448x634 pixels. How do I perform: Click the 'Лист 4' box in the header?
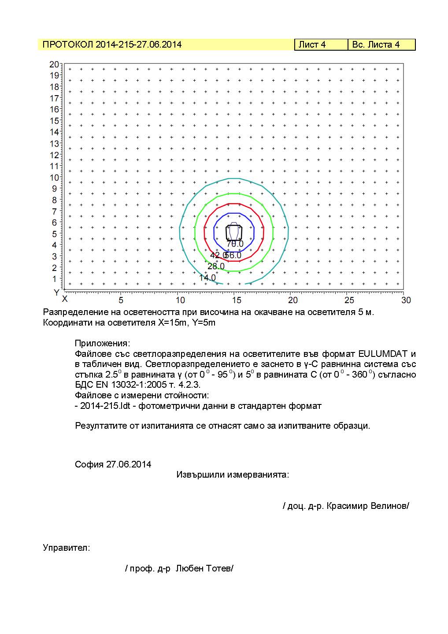pos(321,44)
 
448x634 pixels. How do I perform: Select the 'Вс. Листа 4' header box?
pos(381,44)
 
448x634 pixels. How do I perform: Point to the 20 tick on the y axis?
pos(54,64)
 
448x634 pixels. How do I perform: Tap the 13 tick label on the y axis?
pos(54,144)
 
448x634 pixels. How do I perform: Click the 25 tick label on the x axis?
pos(349,300)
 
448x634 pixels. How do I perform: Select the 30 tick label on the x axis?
pos(406,300)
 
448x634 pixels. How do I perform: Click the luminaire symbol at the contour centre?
pos(234,231)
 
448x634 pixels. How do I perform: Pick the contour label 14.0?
pos(207,278)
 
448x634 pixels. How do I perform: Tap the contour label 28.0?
pos(216,267)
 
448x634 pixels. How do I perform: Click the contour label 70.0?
pos(235,244)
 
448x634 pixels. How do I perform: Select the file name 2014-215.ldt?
pos(105,406)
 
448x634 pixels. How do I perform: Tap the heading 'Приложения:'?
pos(103,343)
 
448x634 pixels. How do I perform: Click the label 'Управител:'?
pos(67,548)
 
